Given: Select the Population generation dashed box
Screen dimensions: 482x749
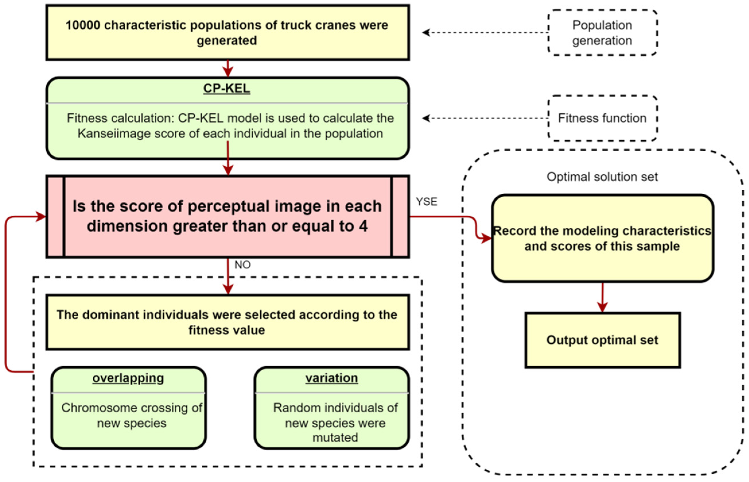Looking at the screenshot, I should coord(602,32).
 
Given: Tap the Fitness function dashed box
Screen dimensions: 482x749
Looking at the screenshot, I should coord(602,118).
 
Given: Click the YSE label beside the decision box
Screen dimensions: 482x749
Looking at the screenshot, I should coord(426,202).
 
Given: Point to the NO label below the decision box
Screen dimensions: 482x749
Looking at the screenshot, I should coord(242,265).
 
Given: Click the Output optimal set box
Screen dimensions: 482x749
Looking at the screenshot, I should coord(602,340).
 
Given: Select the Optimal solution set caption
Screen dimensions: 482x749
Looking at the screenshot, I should coord(602,177).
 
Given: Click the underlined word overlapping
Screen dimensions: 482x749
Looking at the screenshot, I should coord(128,378).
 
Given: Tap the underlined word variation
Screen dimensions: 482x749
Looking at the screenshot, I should coord(332,378).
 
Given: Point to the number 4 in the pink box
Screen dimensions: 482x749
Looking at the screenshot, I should coord(363,226).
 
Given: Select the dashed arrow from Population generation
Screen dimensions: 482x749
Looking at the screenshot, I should coord(485,32).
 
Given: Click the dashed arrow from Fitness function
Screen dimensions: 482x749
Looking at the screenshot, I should coord(485,118).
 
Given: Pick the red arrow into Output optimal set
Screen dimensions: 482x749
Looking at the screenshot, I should coord(602,297).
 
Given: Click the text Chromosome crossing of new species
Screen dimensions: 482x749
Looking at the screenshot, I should coord(131,415).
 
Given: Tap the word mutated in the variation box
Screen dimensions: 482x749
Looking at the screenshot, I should coord(335,437).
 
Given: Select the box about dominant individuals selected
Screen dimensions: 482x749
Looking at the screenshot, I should coord(227,322).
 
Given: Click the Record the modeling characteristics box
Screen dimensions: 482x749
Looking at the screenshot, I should coord(602,238).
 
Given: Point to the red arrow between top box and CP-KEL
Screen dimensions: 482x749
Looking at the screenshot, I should coord(228,69).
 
